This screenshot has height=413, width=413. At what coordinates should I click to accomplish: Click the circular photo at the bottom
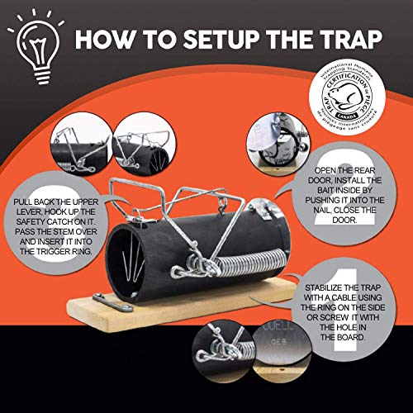click(x=227, y=358)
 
